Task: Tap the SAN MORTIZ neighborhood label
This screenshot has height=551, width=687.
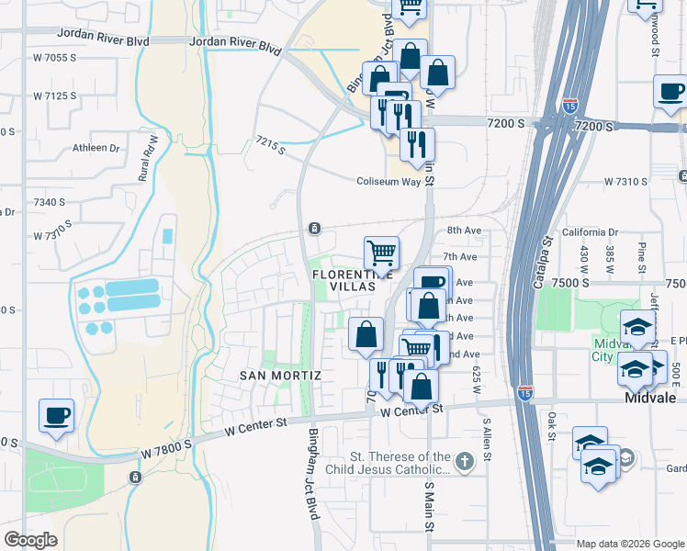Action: point(281,376)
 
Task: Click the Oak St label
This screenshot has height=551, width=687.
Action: point(552,427)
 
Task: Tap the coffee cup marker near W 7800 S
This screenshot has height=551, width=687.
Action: point(56,415)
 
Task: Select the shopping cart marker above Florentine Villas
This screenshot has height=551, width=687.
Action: point(381,252)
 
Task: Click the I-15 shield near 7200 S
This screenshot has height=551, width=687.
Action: point(569,107)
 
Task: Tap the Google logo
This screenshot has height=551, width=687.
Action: point(30,540)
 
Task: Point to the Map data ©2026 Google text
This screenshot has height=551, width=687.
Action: point(630,544)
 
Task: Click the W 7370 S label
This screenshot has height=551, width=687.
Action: point(55,236)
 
